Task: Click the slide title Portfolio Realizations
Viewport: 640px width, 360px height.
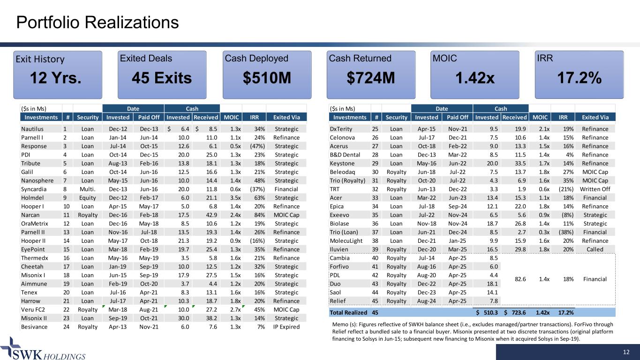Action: coord(97,22)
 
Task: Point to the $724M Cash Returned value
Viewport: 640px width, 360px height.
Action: coord(369,78)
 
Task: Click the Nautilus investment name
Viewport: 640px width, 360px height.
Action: coord(33,128)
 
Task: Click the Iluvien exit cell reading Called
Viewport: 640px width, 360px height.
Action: coord(595,249)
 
